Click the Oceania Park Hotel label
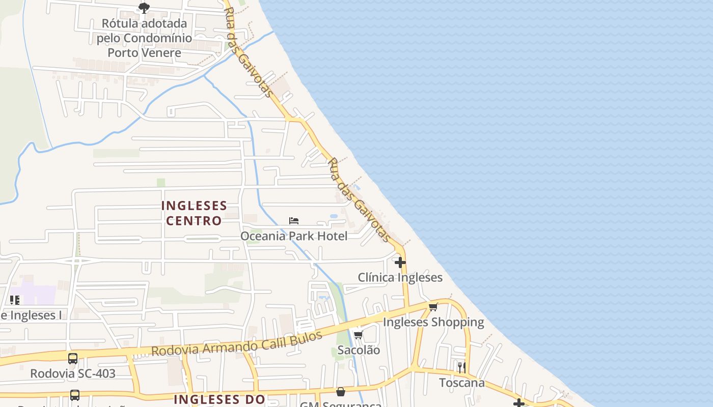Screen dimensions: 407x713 294,236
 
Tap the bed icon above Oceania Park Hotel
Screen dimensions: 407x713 294,221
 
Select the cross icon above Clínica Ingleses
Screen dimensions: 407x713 400,263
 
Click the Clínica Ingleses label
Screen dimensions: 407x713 400,278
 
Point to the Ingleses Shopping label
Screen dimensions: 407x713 433,322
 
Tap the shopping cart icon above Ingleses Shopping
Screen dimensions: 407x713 433,307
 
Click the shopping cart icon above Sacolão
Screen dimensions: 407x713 359,335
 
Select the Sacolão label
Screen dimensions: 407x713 359,350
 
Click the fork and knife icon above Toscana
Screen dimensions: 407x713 461,367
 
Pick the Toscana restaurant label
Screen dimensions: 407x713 462,383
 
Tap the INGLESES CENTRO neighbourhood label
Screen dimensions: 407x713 194,213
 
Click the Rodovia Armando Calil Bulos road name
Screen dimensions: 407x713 237,344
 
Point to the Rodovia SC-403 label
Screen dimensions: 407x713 73,373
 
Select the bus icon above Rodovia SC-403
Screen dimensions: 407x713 73,358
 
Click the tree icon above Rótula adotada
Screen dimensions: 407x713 144,8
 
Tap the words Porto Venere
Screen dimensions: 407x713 144,52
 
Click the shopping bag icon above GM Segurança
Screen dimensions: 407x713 341,392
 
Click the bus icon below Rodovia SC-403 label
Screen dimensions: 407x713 75,395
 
